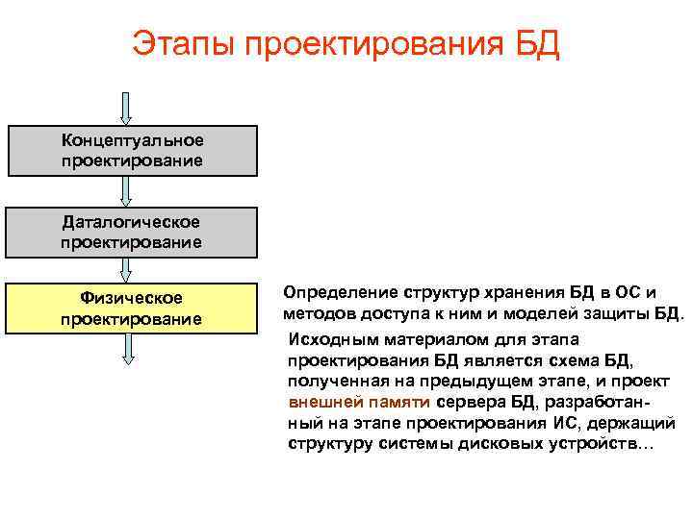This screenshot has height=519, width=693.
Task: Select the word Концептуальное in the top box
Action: [x=133, y=140]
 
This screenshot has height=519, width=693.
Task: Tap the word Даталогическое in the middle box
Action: [x=133, y=222]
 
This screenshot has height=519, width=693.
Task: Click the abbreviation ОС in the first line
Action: [x=623, y=292]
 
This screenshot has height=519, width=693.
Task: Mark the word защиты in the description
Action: [x=617, y=313]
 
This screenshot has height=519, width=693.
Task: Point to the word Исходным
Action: [x=330, y=339]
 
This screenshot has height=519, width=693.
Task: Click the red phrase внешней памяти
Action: [x=359, y=402]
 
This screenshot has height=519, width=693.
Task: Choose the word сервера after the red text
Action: [x=467, y=402]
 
